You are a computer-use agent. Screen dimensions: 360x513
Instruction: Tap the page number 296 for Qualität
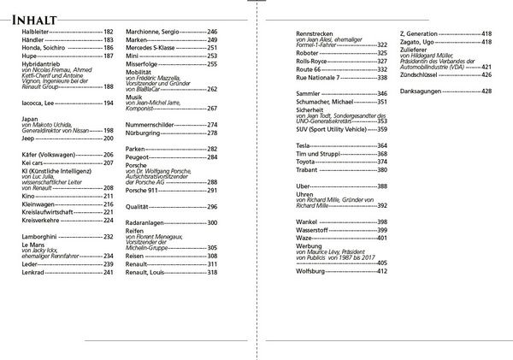(212, 207)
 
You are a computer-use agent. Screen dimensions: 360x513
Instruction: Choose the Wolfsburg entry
(312, 271)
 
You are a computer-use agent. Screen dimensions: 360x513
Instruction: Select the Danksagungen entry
(424, 91)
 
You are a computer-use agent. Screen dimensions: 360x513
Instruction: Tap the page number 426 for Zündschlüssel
(486, 74)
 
